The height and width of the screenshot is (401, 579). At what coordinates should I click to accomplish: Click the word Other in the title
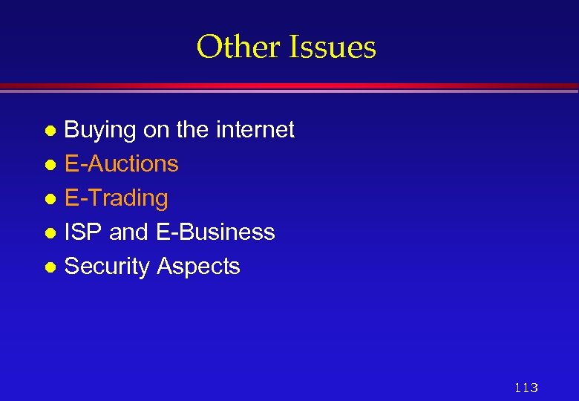click(237, 48)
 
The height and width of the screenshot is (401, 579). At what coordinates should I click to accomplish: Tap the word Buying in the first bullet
click(100, 131)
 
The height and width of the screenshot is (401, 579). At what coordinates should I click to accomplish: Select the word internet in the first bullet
click(255, 130)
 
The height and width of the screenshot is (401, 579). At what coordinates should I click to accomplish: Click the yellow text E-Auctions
click(122, 163)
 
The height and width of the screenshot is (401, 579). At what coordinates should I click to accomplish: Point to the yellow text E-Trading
click(117, 198)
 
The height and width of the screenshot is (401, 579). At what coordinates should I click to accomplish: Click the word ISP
click(83, 232)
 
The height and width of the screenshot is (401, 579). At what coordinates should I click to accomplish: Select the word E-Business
click(215, 232)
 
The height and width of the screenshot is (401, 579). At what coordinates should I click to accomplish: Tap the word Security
click(108, 267)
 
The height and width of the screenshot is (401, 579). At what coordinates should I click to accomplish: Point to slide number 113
click(526, 387)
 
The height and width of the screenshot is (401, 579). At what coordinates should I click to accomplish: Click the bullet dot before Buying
click(50, 131)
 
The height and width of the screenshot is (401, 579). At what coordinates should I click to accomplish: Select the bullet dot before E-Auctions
click(50, 165)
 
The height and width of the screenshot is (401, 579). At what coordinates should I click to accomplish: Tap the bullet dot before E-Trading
click(50, 199)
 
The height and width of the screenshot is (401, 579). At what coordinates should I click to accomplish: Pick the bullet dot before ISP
click(50, 233)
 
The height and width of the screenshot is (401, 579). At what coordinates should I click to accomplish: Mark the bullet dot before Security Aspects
click(50, 267)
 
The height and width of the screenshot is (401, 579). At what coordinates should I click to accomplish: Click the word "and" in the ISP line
click(129, 232)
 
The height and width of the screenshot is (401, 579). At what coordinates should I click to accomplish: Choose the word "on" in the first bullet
click(156, 131)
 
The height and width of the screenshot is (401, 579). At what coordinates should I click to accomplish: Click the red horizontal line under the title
click(289, 86)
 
